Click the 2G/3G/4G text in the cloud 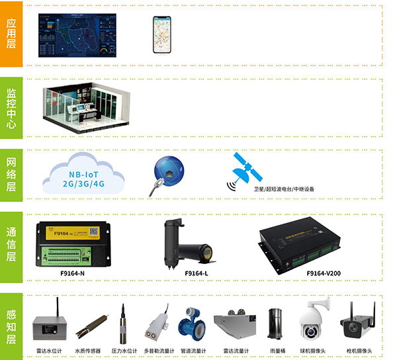83,185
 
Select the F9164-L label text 197,273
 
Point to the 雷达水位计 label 49,351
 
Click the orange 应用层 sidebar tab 11,34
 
